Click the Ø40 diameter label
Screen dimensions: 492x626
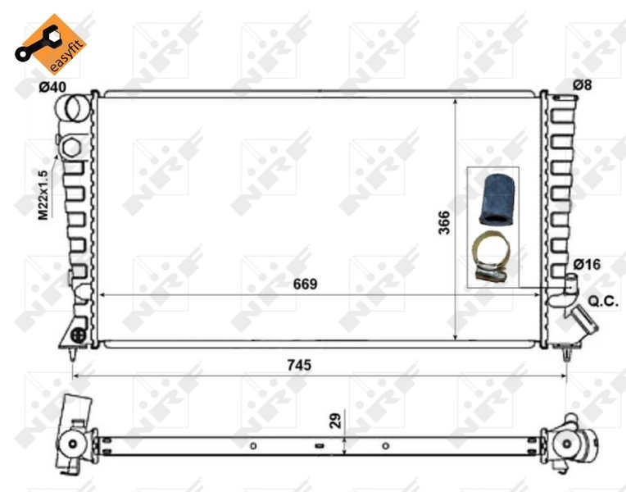(52, 86)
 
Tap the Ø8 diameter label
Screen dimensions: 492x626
(583, 85)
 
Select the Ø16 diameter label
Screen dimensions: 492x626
(587, 264)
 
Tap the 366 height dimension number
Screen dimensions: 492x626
(443, 222)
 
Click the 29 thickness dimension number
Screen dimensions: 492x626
(334, 421)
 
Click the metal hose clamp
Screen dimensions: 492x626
(492, 256)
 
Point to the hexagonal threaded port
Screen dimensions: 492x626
(70, 148)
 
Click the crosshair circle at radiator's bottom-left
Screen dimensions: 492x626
(79, 335)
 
